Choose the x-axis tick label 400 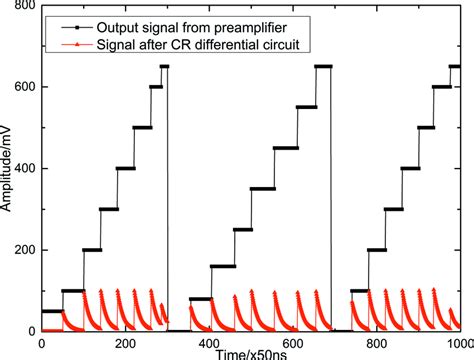coord(208,342)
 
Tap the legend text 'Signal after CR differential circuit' coord(181,45)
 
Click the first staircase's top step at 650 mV coord(164,66)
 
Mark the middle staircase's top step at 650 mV coord(323,66)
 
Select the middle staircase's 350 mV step coord(263,188)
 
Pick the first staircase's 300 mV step coord(109,209)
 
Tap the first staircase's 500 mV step coord(142,127)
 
